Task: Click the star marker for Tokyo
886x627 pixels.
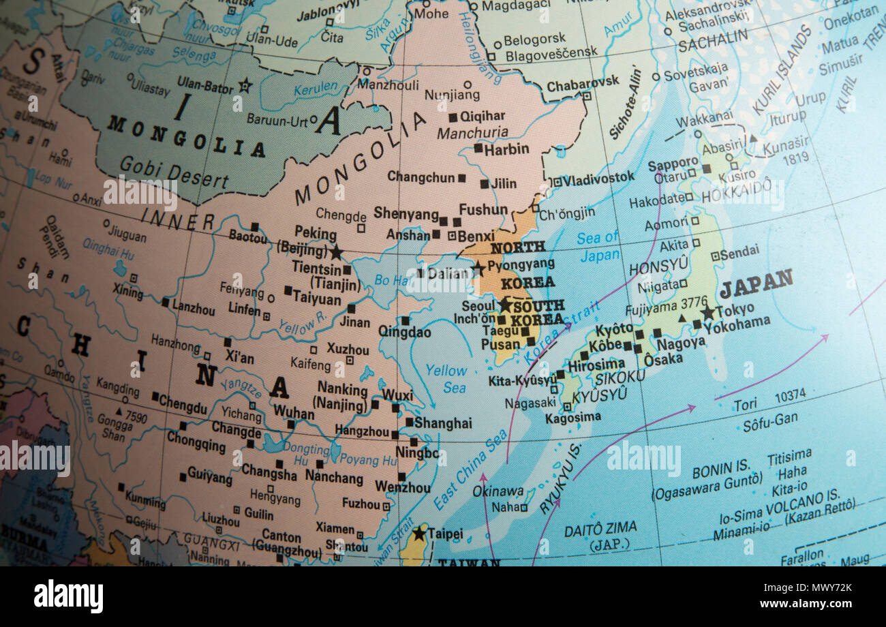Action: pos(707,313)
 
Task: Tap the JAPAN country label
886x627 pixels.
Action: pos(756,283)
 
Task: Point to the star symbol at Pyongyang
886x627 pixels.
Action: pos(478,269)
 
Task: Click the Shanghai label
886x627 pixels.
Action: pos(443,423)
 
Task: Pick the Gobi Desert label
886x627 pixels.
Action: pos(174,172)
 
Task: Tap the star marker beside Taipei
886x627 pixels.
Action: pos(419,533)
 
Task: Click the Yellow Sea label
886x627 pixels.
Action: pos(446,379)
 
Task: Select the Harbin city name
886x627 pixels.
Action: pos(506,149)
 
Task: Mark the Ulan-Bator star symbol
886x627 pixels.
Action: pos(245,86)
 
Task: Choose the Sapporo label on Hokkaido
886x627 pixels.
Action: pos(673,165)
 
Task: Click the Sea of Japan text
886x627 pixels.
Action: pos(598,247)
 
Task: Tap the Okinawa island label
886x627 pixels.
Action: pos(498,491)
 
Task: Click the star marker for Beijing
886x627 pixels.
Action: pos(335,252)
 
